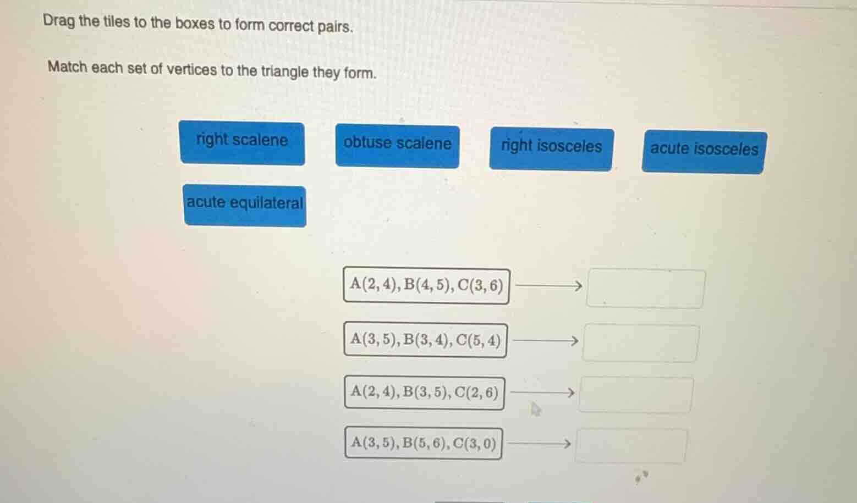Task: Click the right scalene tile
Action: [x=242, y=143]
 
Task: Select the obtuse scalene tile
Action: [x=397, y=146]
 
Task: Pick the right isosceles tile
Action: [x=551, y=149]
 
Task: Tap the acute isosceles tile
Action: [x=704, y=152]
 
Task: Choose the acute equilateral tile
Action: [x=245, y=205]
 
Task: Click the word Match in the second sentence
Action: [x=68, y=68]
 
